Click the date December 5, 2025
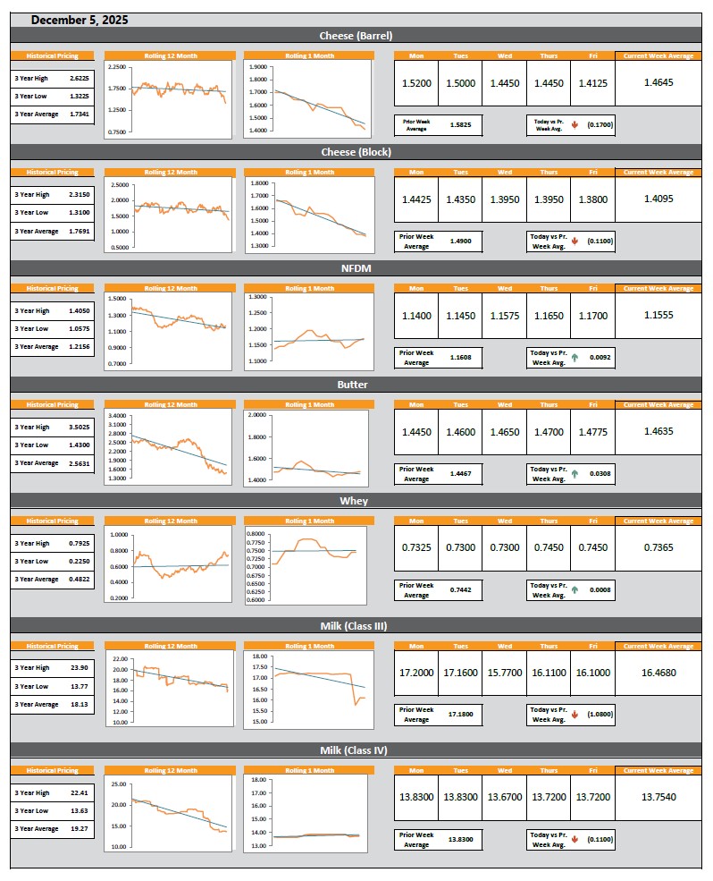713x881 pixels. pyautogui.click(x=79, y=20)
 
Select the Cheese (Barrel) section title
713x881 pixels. pyautogui.click(x=356, y=36)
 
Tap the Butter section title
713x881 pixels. pyautogui.click(x=352, y=385)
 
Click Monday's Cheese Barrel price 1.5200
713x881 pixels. pyautogui.click(x=416, y=83)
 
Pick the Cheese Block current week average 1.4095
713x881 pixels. pyautogui.click(x=658, y=199)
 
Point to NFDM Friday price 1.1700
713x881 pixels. pyautogui.click(x=592, y=316)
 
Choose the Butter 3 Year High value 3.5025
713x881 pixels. pyautogui.click(x=78, y=428)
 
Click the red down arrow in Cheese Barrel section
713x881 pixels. pyautogui.click(x=575, y=126)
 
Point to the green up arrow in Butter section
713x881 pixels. pyautogui.click(x=575, y=474)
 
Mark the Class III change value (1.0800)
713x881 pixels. pyautogui.click(x=599, y=715)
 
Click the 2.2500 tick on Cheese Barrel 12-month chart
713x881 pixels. pyautogui.click(x=116, y=67)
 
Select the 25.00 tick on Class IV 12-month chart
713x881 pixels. pyautogui.click(x=119, y=784)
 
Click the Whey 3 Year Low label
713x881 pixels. pyautogui.click(x=31, y=562)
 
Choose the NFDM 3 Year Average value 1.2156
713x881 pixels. pyautogui.click(x=78, y=347)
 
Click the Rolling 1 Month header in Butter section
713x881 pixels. pyautogui.click(x=309, y=405)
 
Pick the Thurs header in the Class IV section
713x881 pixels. pyautogui.click(x=549, y=770)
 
